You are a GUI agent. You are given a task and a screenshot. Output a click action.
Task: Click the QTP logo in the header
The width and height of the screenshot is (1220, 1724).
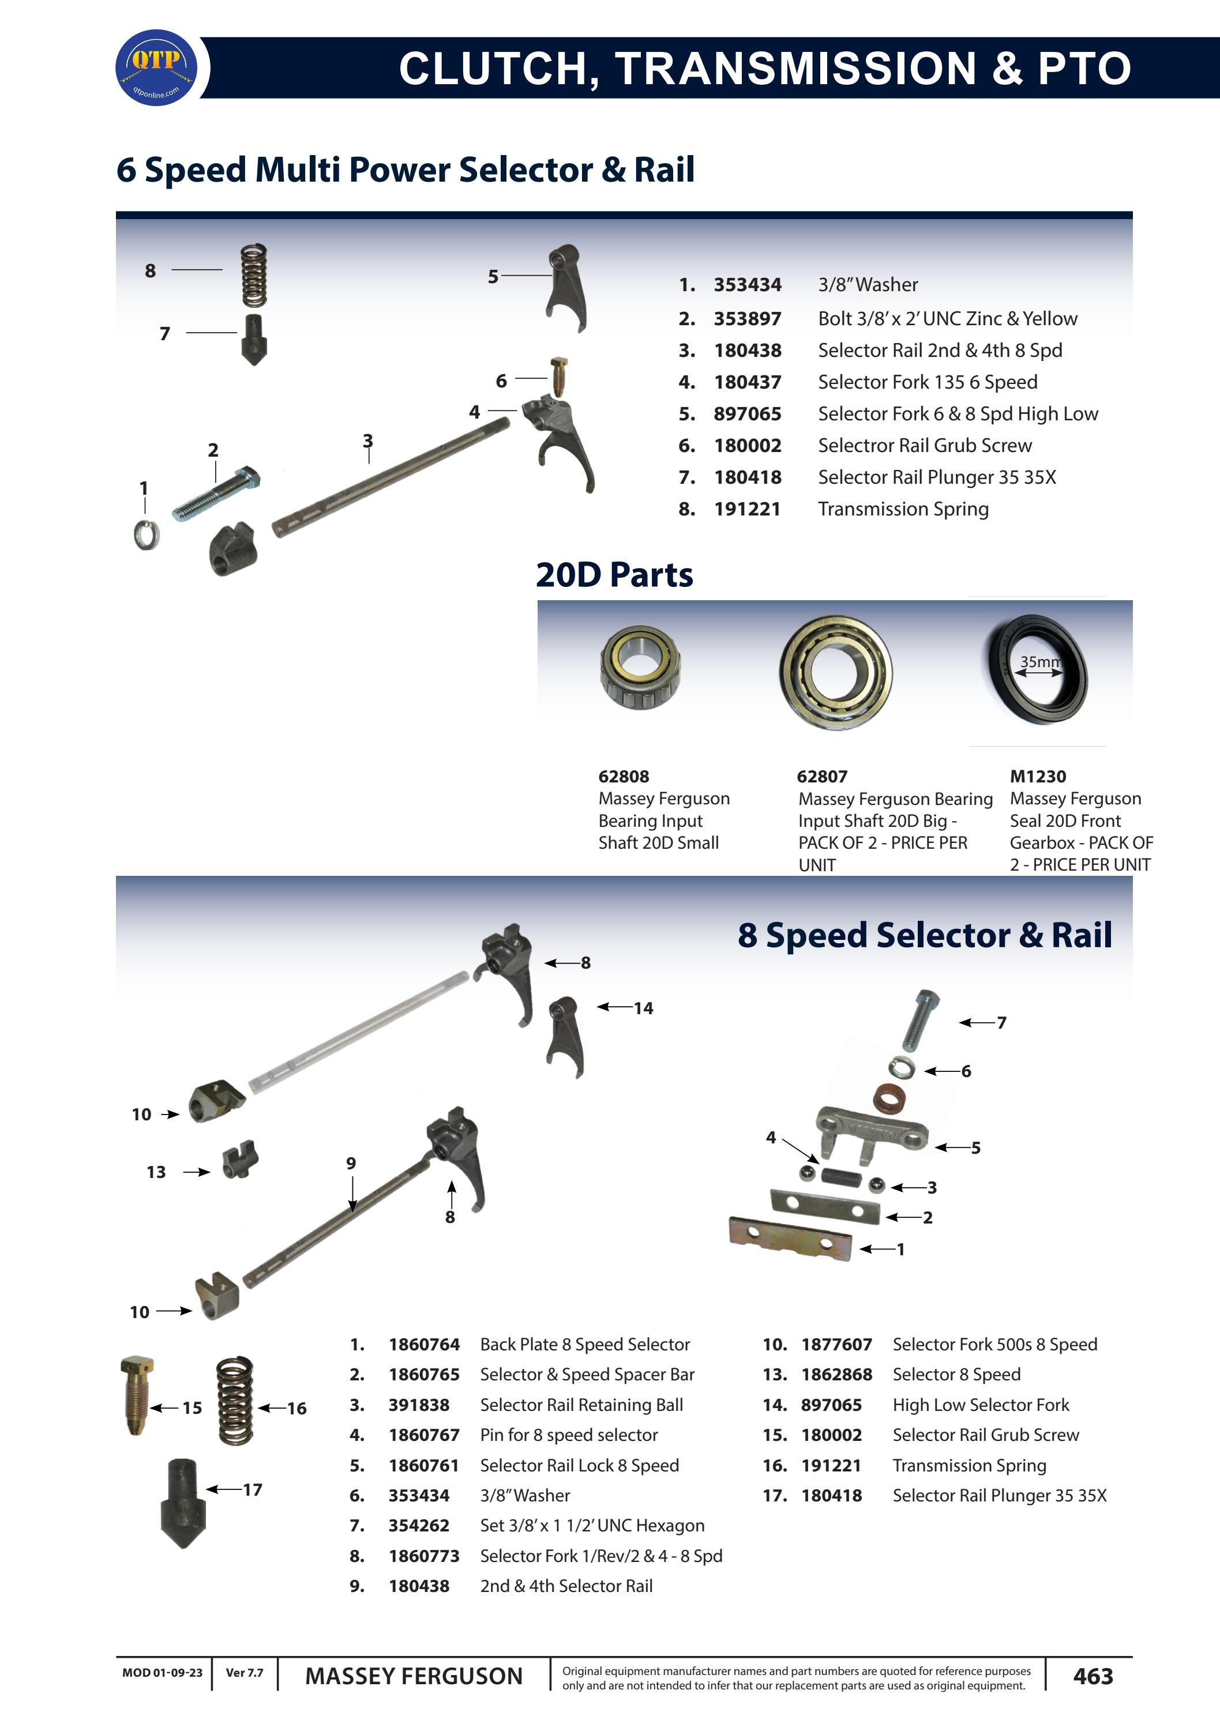point(156,67)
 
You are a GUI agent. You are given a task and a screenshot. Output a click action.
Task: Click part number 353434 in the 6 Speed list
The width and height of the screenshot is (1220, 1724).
point(747,285)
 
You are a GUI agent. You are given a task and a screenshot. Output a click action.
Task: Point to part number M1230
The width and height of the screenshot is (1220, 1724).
point(1038,777)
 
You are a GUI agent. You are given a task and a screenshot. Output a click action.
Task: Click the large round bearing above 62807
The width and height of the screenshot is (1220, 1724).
point(835,671)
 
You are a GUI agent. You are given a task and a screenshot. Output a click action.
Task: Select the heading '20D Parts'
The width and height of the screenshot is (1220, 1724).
point(614,575)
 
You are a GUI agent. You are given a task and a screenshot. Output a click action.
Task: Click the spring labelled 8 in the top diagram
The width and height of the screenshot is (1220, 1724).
point(254,275)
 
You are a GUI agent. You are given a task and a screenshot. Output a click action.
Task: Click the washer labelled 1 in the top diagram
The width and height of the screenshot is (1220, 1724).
point(146,534)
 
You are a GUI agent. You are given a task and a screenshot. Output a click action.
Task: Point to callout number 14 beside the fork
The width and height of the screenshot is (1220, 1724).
point(643,1008)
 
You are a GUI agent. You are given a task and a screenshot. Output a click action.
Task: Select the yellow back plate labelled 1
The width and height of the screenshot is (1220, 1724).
point(790,1239)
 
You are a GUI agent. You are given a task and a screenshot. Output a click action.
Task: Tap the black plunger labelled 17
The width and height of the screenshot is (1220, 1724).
point(182,1502)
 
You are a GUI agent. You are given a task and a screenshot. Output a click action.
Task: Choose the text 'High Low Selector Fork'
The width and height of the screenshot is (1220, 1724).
point(981,1405)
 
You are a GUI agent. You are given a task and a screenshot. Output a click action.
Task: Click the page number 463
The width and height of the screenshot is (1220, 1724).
point(1093,1677)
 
